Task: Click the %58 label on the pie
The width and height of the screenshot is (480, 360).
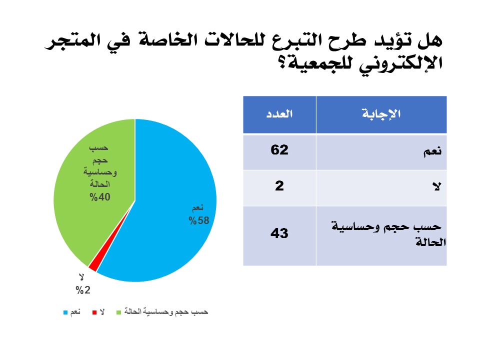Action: tap(199, 220)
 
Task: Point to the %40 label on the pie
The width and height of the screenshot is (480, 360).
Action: tap(100, 197)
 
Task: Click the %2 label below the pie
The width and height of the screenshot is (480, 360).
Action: tap(83, 290)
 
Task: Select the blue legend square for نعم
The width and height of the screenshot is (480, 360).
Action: tap(65, 312)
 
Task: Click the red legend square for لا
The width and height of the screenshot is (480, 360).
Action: tap(94, 312)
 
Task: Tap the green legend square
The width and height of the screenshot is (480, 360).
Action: tap(119, 312)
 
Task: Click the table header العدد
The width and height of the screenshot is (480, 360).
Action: tap(279, 114)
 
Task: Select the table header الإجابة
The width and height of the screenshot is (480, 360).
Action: tap(381, 114)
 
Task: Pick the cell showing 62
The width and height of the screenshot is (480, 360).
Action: tap(279, 150)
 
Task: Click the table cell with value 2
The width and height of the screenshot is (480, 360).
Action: tap(279, 186)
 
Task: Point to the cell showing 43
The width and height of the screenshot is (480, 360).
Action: tap(279, 233)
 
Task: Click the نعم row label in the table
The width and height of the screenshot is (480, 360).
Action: tap(432, 151)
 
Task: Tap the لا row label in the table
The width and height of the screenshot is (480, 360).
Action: tap(437, 186)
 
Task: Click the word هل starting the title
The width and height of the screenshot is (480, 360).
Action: tap(430, 40)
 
